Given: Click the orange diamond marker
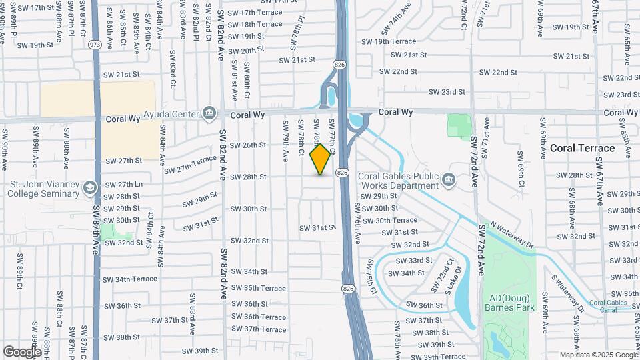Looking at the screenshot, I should (321, 159).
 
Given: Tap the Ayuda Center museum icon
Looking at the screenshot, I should (209, 111).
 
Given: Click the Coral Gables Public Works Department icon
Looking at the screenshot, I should (449, 179).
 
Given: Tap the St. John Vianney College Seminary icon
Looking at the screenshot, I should (89, 188).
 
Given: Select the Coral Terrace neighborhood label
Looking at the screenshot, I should (582, 148).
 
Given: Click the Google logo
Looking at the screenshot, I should (21, 351).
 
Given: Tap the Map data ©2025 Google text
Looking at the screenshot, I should (598, 355).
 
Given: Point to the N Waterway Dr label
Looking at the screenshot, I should (510, 235).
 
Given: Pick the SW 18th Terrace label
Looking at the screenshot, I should (255, 24).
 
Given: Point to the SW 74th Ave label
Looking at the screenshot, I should (393, 25).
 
